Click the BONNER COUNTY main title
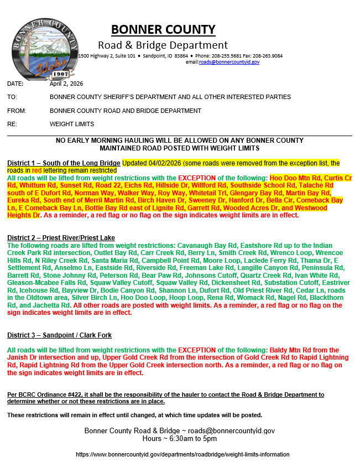163,30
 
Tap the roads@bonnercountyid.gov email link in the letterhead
229,62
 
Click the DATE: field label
15,84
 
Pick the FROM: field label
17,111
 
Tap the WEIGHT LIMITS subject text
72,124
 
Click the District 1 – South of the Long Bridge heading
64,163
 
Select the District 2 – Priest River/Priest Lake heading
61,237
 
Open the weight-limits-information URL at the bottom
182,454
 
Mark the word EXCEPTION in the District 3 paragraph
197,350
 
